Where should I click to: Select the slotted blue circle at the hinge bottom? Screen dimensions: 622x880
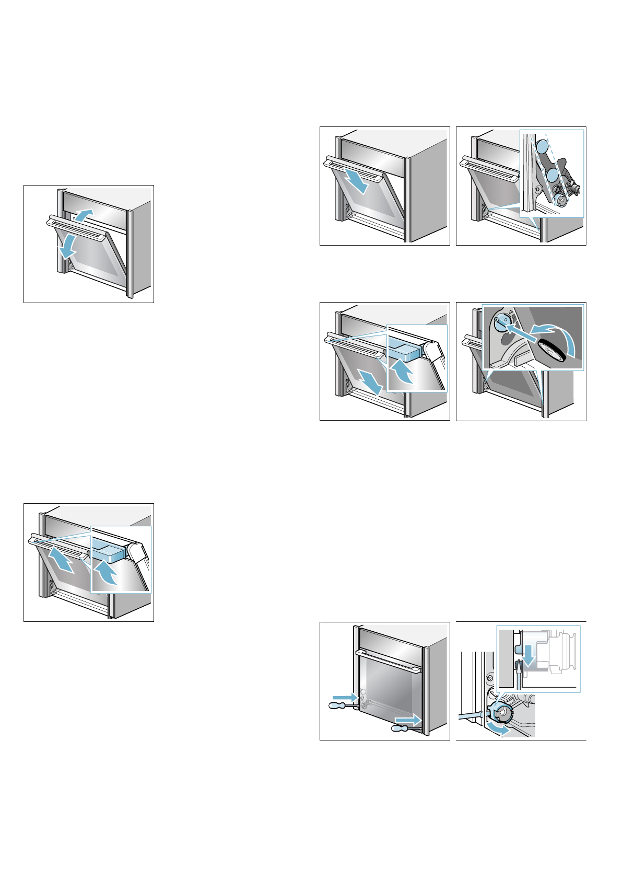(x=561, y=200)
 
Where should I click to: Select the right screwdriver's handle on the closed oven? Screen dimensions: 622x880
(x=402, y=728)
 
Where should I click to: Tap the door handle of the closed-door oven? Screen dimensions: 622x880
(x=389, y=661)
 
